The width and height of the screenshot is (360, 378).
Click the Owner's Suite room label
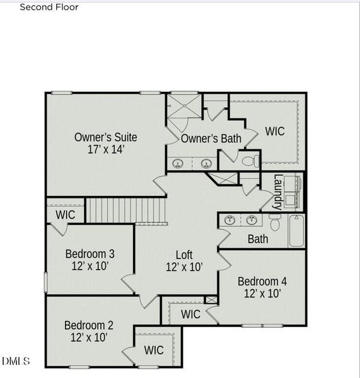106,137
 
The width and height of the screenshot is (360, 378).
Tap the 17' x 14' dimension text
106,150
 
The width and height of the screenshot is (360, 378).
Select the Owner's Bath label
211,139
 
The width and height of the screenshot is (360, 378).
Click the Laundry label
278,192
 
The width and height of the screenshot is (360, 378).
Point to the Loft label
184,255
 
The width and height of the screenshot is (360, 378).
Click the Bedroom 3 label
90,254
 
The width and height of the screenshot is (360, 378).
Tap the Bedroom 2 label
89,325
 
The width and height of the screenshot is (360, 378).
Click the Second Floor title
49,8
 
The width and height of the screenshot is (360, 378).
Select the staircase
126,210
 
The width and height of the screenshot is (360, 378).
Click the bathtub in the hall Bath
296,231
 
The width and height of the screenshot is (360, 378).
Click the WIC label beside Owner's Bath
275,132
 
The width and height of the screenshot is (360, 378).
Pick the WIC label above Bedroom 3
66,215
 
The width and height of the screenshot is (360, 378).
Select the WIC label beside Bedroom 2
154,350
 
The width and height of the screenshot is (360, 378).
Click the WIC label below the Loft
191,313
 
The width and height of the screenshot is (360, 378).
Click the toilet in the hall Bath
274,222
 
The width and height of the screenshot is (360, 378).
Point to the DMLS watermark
15,361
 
